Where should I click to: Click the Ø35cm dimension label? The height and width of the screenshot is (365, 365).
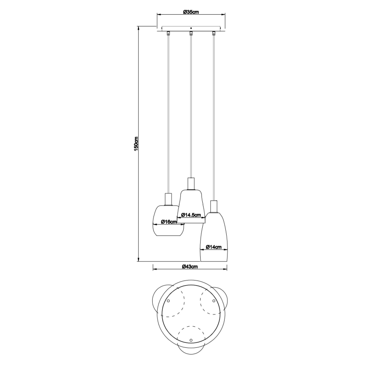pos(191,12)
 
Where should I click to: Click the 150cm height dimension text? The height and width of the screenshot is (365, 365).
pos(136,144)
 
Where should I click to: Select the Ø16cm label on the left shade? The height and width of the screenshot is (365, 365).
pos(169,222)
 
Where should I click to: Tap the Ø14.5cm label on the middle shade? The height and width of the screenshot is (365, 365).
pos(191,215)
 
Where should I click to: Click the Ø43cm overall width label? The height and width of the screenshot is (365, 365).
pos(190,267)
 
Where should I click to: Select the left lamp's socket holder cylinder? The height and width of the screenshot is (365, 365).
pos(169,198)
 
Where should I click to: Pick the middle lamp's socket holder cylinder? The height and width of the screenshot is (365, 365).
pos(191,184)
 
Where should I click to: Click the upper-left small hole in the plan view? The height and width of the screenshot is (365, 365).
pos(169,301)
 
